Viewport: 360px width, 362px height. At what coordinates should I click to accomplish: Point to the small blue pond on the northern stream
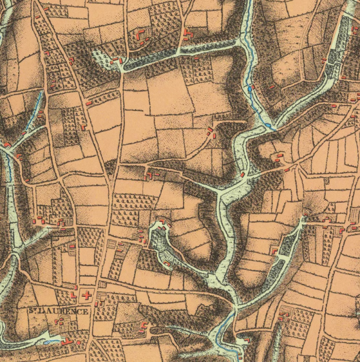pos(249,90)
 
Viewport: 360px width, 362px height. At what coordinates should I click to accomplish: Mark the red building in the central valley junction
pos(243,174)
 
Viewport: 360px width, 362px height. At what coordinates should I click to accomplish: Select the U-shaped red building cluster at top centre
pos(143,35)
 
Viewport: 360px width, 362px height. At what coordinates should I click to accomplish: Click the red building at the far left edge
pos(6,145)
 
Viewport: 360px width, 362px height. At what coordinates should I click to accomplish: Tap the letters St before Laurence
pos(33,311)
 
